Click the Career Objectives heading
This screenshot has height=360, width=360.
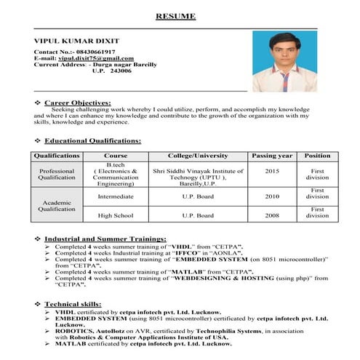77,103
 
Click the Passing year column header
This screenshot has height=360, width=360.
272,156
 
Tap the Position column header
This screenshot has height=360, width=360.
317,156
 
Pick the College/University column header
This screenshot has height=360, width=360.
198,156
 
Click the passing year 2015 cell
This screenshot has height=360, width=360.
272,171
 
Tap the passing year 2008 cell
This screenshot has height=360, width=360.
272,215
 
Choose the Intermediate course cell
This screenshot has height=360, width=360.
116,196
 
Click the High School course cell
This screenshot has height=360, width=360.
116,215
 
